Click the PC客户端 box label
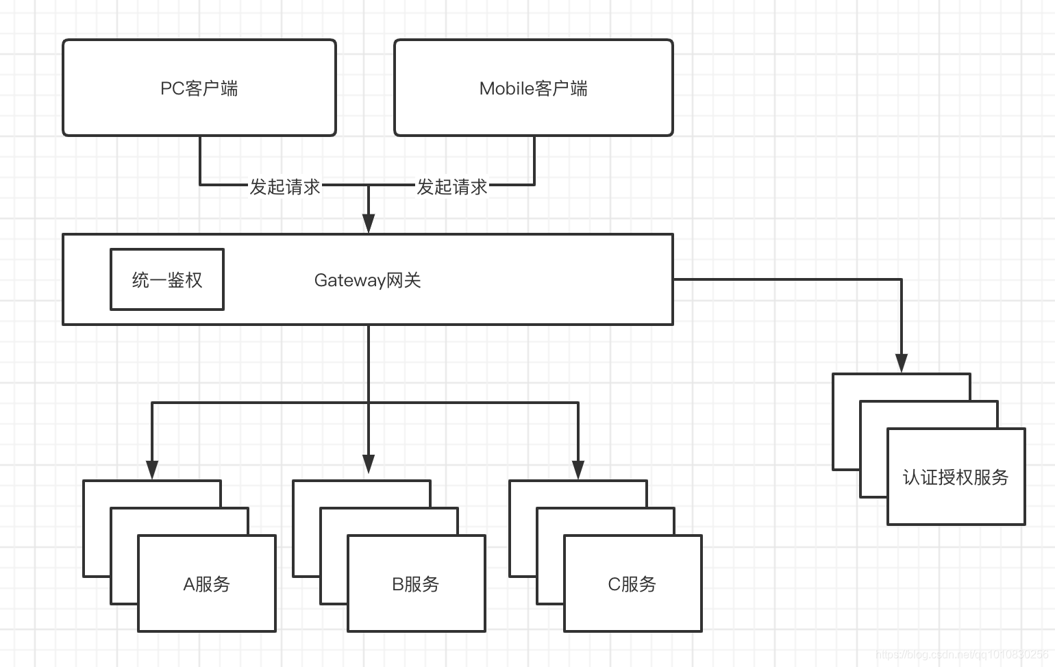199,88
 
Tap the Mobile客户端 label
533,88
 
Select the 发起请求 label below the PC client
285,186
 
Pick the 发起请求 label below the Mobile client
452,186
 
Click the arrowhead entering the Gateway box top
369,223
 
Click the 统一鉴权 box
167,279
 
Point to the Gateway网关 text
367,280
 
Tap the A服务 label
207,584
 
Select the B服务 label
416,584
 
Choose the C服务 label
632,584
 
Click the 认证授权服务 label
956,477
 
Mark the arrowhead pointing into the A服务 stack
152,469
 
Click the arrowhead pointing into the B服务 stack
369,464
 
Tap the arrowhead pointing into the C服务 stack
578,469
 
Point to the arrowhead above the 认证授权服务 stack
902,363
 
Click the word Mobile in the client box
506,88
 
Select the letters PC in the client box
172,88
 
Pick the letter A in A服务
189,584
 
